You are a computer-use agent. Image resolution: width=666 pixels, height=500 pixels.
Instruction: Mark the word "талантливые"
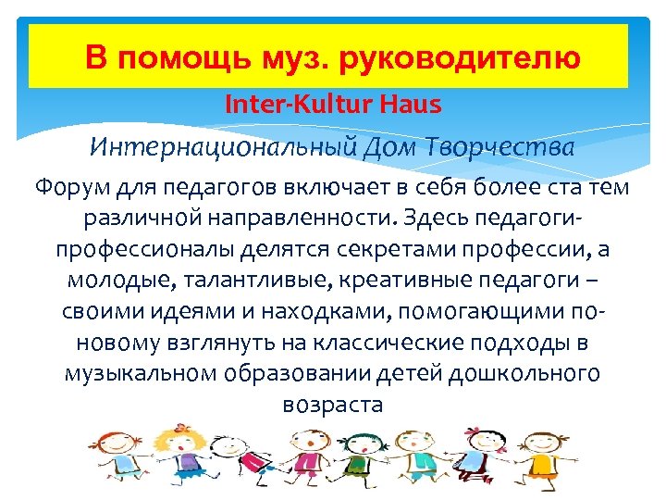[x=212, y=281]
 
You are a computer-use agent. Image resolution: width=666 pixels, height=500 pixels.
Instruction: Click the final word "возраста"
[x=330, y=405]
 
